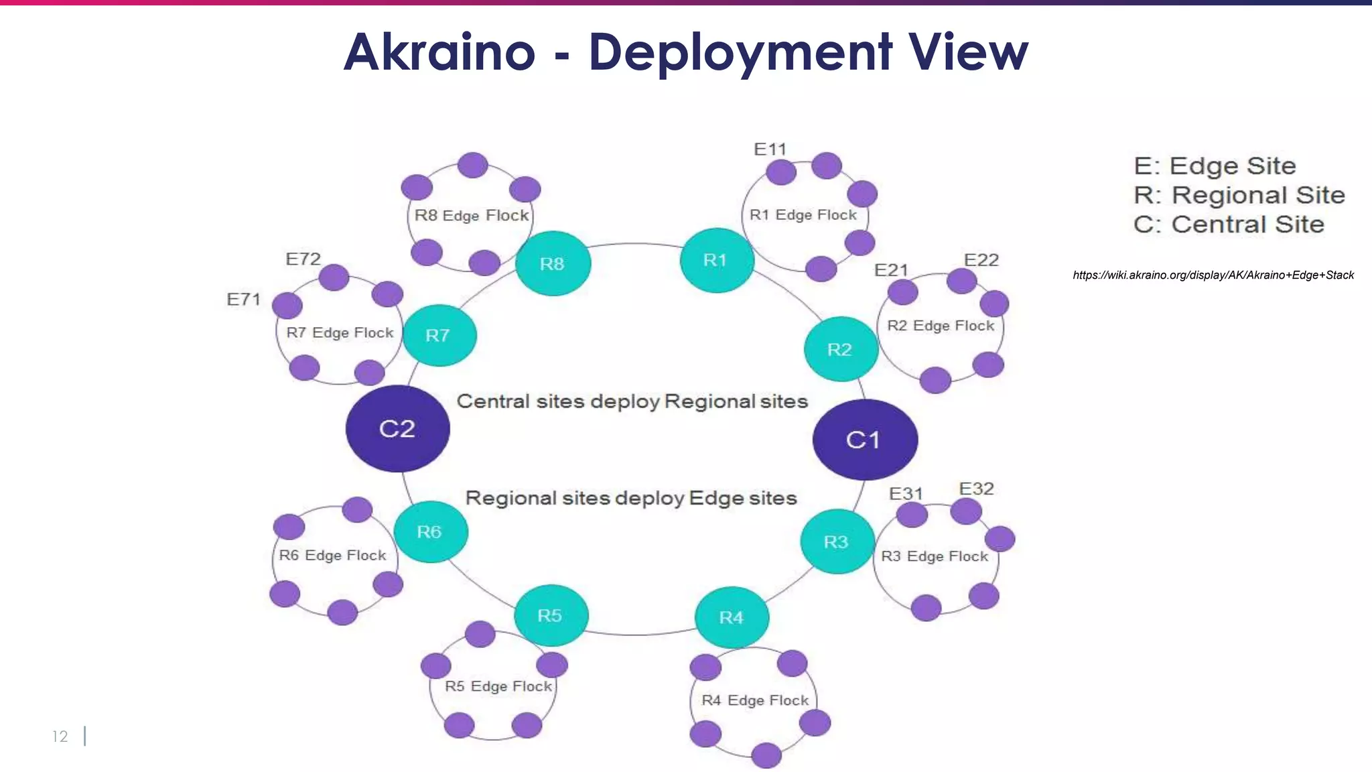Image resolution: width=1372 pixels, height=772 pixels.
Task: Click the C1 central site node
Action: (865, 440)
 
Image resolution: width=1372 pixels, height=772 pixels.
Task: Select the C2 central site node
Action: (397, 429)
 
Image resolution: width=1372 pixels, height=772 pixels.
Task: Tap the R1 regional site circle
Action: (716, 261)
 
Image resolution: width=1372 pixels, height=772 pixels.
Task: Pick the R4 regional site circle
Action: (732, 617)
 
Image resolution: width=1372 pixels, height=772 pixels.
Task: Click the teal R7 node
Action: (439, 335)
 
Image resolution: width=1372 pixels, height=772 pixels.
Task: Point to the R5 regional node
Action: (551, 615)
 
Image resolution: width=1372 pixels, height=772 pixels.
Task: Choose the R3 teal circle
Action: (837, 541)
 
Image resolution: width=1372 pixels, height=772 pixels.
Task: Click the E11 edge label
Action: (770, 149)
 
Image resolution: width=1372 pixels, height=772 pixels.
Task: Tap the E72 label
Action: (303, 259)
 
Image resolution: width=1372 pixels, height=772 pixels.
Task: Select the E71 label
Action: (243, 300)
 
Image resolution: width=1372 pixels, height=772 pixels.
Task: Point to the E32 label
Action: (976, 489)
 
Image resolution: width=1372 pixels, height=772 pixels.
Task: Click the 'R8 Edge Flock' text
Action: (472, 216)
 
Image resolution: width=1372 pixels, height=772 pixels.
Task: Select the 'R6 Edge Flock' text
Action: (333, 556)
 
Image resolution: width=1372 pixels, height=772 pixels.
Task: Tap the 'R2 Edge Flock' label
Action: (941, 326)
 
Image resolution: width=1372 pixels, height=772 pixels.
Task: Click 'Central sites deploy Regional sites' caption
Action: (632, 401)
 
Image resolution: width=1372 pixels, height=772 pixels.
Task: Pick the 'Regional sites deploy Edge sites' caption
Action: (631, 498)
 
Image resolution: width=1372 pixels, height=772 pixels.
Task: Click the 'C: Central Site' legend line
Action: (1229, 224)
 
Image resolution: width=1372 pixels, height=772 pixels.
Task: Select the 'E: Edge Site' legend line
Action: (1215, 166)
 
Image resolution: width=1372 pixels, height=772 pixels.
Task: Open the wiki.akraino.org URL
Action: (1213, 275)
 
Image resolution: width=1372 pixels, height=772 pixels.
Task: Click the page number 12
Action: (60, 736)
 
